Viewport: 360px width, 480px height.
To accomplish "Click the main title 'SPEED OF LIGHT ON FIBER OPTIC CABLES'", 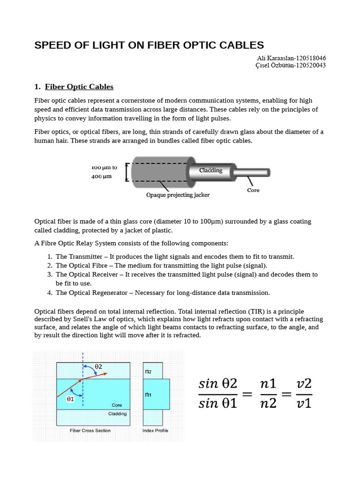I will [149, 45].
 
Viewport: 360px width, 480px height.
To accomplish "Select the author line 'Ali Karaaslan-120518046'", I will [291, 58].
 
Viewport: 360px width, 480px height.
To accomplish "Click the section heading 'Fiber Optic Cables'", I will [79, 87].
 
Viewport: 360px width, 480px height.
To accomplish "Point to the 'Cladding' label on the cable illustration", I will [210, 170].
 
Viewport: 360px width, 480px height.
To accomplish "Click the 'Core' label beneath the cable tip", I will [253, 190].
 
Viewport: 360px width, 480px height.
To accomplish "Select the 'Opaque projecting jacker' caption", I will [178, 195].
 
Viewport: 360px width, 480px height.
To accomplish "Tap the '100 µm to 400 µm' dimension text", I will [104, 172].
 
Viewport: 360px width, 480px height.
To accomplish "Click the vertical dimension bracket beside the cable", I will [127, 172].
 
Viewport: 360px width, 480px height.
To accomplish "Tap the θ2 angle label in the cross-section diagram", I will [99, 366].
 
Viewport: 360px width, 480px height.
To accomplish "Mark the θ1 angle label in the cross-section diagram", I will [70, 399].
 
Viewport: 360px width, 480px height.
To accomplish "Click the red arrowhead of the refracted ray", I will [105, 374].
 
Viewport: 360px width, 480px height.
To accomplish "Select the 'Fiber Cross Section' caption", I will [90, 430].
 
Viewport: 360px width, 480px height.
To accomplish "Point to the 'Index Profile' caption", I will [155, 430].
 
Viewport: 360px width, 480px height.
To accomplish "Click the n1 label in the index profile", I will [148, 395].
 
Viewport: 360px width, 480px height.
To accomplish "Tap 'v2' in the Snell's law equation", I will [304, 383].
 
